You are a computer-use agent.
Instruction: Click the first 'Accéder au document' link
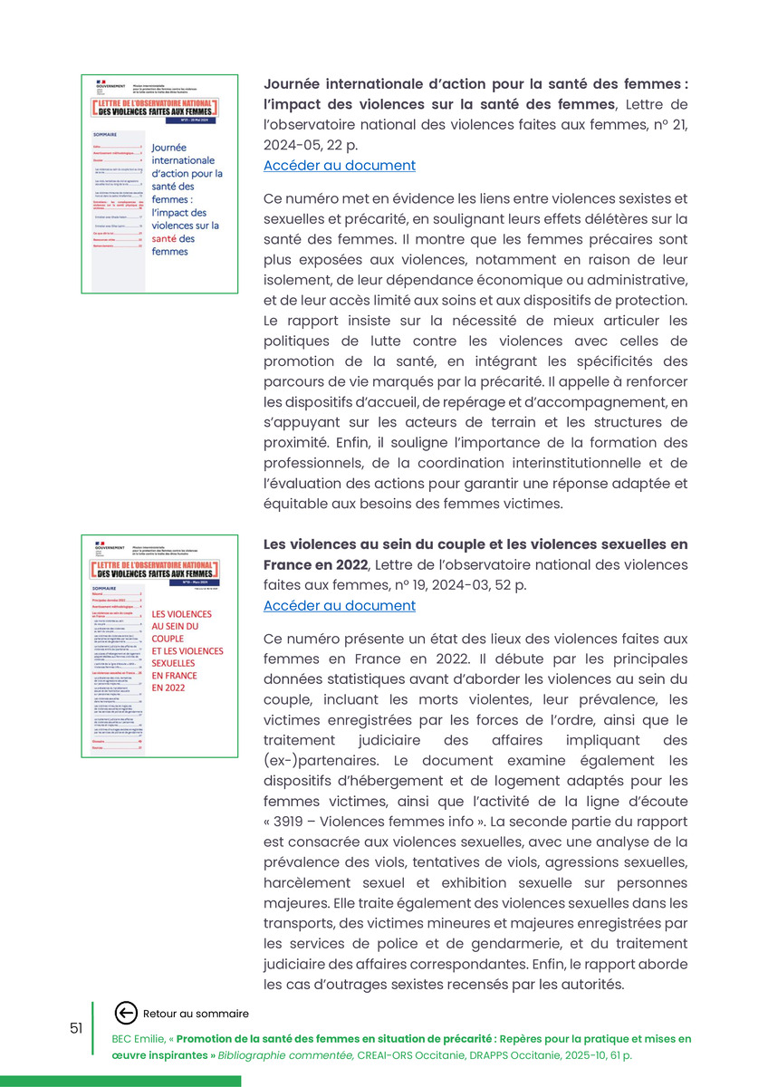pyautogui.click(x=340, y=166)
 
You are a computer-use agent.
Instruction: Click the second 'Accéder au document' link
pyautogui.click(x=340, y=606)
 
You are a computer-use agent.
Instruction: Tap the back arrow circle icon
pyautogui.click(x=127, y=1014)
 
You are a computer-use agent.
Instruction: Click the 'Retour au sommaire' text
pyautogui.click(x=196, y=1014)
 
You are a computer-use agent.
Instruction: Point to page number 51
pyautogui.click(x=76, y=1027)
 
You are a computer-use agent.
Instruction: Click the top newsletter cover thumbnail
pyautogui.click(x=159, y=184)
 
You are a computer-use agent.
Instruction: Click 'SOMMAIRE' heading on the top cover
pyautogui.click(x=105, y=134)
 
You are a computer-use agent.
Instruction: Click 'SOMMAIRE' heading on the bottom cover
pyautogui.click(x=105, y=588)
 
